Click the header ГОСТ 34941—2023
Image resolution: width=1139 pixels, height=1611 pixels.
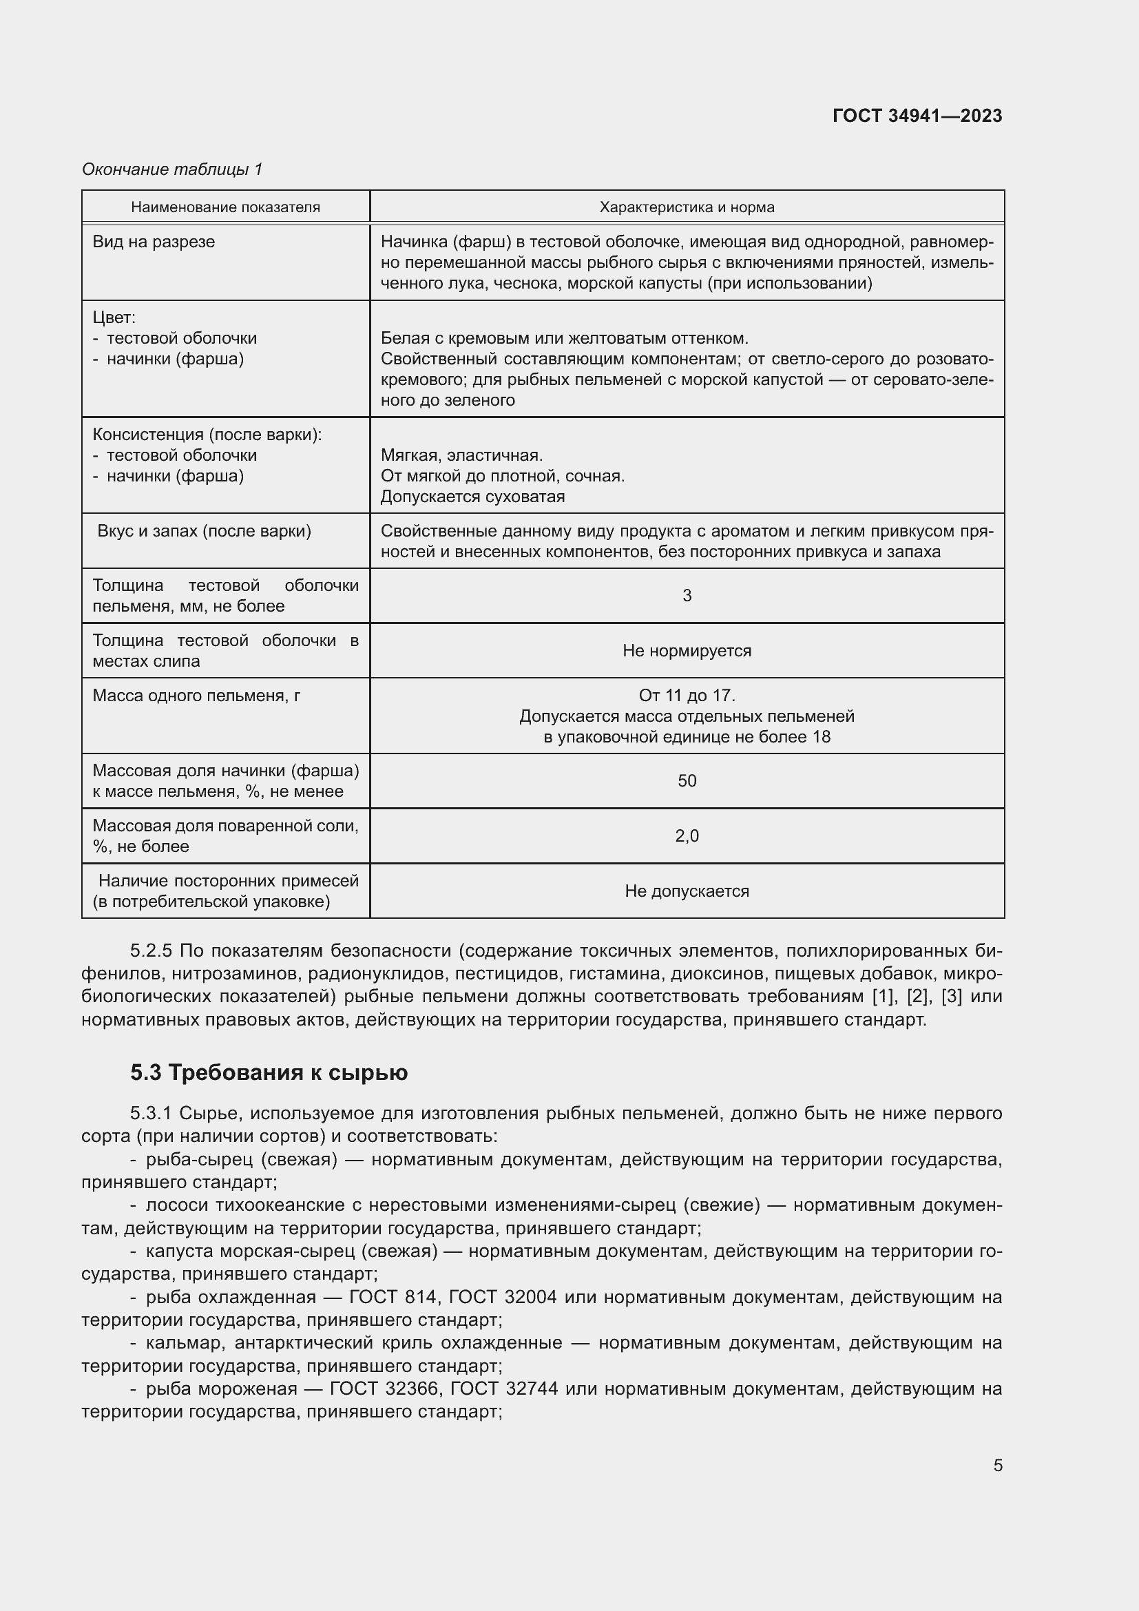917,116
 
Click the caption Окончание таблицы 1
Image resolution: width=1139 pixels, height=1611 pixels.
172,169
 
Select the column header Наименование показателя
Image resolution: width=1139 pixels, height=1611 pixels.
225,207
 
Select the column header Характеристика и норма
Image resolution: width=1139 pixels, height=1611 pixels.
687,207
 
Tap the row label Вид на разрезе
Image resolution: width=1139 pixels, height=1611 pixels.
154,242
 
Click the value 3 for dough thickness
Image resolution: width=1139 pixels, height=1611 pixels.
687,596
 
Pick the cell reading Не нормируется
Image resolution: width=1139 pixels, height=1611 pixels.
687,650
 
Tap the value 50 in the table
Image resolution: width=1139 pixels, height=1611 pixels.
687,781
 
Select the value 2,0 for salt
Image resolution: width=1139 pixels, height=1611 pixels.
687,835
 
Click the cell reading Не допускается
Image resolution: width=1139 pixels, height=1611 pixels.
687,891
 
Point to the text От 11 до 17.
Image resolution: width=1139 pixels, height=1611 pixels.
687,696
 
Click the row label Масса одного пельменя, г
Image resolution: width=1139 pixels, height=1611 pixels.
196,696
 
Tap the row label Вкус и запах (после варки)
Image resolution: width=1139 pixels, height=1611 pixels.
204,531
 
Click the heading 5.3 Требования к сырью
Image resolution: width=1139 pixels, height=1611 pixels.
269,1073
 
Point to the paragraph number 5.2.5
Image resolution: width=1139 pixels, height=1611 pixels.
151,950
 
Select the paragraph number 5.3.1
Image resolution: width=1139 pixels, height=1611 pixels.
151,1114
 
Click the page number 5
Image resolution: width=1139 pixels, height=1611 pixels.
997,1466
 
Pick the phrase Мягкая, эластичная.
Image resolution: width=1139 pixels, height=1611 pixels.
461,455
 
